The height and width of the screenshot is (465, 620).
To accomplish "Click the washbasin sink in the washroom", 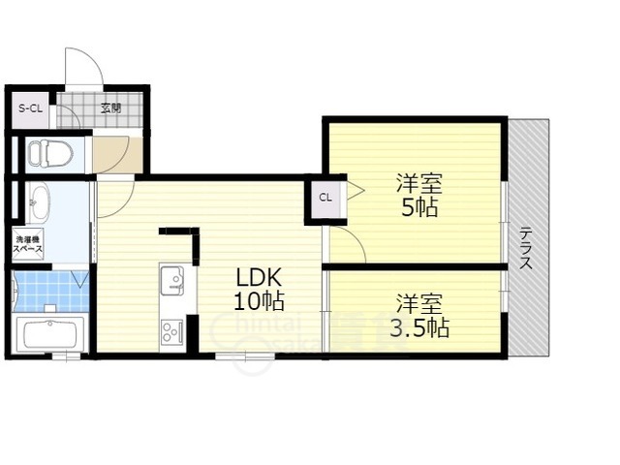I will tap(39, 205).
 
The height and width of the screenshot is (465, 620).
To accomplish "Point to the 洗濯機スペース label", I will tap(27, 244).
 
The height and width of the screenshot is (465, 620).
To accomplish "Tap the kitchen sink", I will tap(173, 281).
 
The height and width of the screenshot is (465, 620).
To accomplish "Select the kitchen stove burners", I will tap(173, 331).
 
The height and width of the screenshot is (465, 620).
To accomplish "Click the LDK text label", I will tap(255, 277).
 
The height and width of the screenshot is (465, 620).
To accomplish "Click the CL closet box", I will tap(325, 199).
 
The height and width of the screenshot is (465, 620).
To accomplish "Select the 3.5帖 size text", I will tap(419, 327).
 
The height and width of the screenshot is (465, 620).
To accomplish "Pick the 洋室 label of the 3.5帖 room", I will tap(418, 301).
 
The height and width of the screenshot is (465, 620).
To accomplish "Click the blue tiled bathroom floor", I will tap(48, 290).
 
